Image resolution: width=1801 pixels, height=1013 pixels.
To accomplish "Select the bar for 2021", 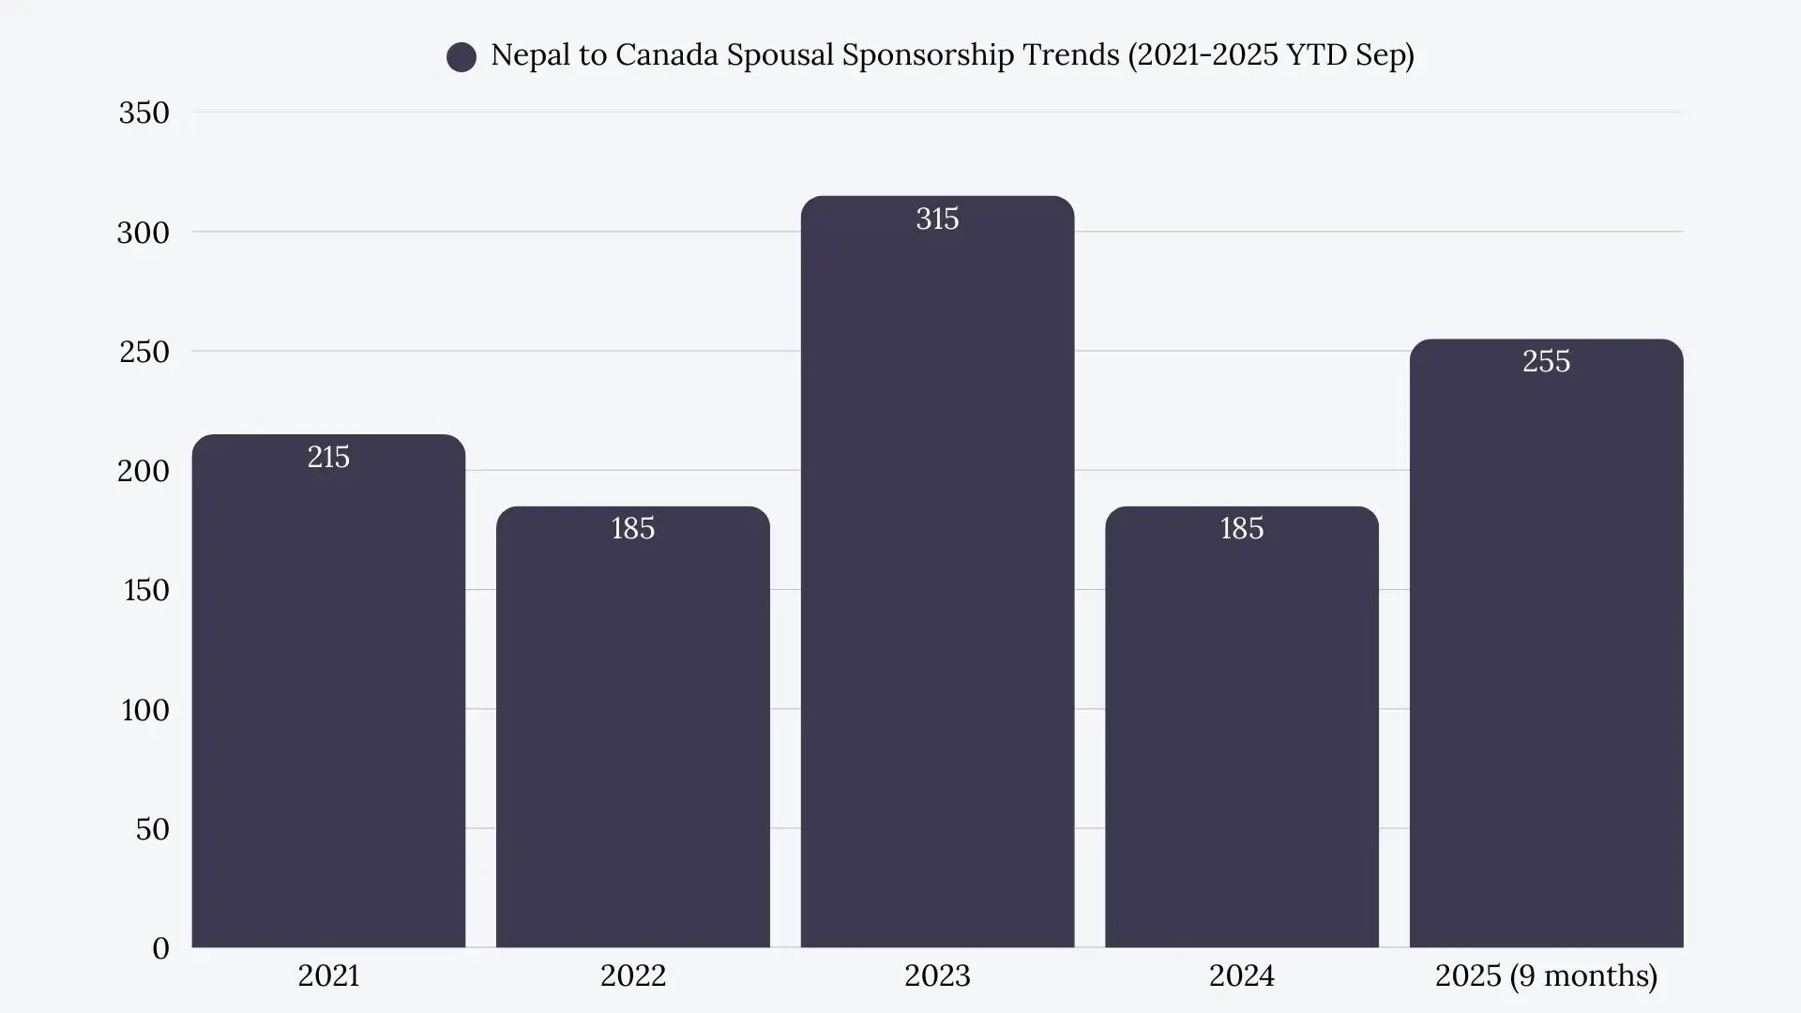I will tap(328, 694).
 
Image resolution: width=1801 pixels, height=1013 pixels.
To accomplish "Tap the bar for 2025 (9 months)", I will tap(1546, 647).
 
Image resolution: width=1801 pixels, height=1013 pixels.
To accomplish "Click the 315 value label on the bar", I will tap(937, 219).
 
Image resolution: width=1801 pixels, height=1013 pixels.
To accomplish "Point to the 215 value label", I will tap(328, 457).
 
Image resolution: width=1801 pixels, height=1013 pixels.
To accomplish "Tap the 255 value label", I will tap(1546, 361).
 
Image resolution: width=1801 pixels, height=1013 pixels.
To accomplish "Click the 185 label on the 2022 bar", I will tap(633, 528).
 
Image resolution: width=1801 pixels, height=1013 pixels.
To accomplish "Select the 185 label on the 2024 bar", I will tap(1242, 528).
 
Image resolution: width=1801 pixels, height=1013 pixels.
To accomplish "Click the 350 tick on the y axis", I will tap(144, 113).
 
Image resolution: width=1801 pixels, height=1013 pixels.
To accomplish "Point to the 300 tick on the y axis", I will tap(144, 233).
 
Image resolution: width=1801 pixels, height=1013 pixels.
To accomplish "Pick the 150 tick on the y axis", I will tap(146, 590).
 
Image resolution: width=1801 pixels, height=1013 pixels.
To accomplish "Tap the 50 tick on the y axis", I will tap(152, 829).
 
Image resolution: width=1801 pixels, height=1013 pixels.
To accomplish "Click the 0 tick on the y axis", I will tap(160, 948).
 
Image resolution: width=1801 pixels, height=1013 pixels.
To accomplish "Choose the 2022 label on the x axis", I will tap(633, 975).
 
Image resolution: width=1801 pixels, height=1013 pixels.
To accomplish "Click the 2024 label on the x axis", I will tap(1242, 975).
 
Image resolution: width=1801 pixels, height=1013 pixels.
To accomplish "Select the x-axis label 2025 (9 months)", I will tap(1546, 975).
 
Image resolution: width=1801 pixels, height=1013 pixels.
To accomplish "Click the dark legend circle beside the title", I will tap(462, 57).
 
